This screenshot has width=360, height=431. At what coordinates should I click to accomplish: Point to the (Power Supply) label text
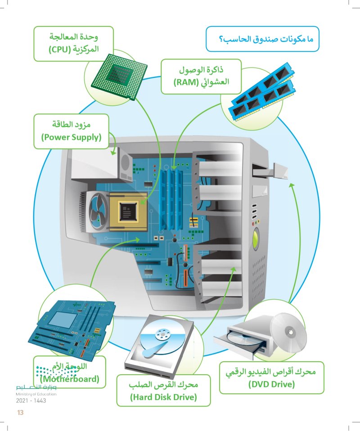(71, 137)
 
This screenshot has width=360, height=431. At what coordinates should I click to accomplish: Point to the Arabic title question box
(263, 40)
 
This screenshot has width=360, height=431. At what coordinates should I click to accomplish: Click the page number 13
(19, 413)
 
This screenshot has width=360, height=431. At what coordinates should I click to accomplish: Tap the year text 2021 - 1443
(31, 400)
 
